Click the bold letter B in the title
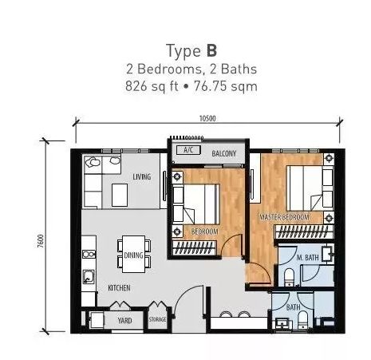click(x=211, y=50)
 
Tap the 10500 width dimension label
click(x=207, y=118)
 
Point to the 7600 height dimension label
click(x=40, y=241)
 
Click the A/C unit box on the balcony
click(x=188, y=150)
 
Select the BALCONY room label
click(x=224, y=153)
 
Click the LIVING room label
click(x=142, y=176)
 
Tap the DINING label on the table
click(x=133, y=255)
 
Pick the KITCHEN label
click(x=119, y=287)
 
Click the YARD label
click(x=124, y=320)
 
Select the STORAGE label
click(x=157, y=319)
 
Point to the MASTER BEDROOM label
click(x=285, y=217)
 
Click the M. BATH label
click(x=307, y=258)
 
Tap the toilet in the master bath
click(x=289, y=277)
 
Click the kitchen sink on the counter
click(x=88, y=277)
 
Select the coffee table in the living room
click(x=120, y=195)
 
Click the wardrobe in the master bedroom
click(x=304, y=231)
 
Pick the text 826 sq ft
click(x=152, y=86)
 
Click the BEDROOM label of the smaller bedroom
click(x=205, y=231)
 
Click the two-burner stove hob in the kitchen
click(x=89, y=255)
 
